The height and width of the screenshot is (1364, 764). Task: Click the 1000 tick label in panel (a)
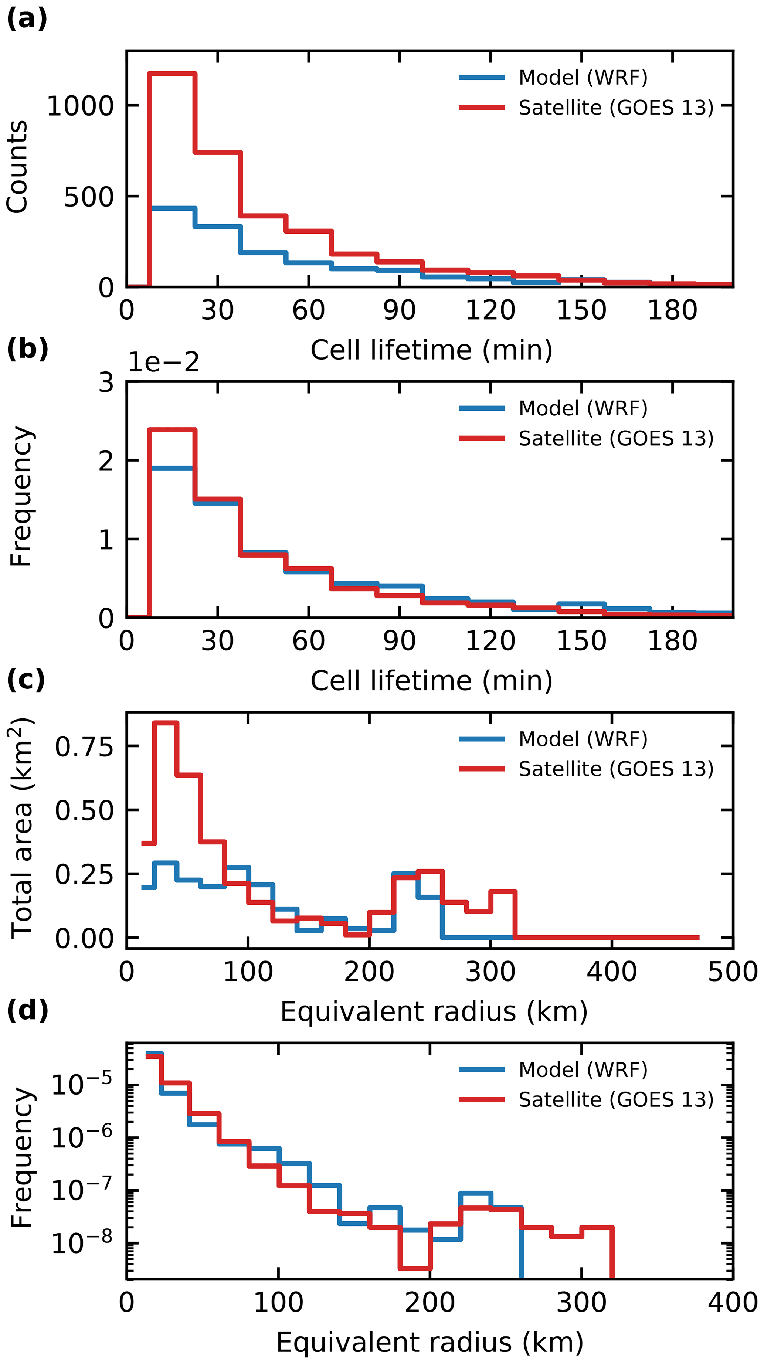81,106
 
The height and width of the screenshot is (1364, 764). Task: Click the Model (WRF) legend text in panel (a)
583,78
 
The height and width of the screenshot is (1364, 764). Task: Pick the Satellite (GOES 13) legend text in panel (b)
616,438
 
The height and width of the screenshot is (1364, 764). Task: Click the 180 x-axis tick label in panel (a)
672,311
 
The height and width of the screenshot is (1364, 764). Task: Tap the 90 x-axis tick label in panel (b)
399,641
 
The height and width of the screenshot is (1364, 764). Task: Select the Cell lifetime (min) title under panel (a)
431,350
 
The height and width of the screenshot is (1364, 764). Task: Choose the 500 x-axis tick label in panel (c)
733,972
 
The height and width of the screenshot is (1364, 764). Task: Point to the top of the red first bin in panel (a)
173,74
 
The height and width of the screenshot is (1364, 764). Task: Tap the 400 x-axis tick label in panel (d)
733,1302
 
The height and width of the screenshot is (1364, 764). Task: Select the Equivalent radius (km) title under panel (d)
430,1342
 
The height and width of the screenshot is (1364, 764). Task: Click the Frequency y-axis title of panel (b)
21,497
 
